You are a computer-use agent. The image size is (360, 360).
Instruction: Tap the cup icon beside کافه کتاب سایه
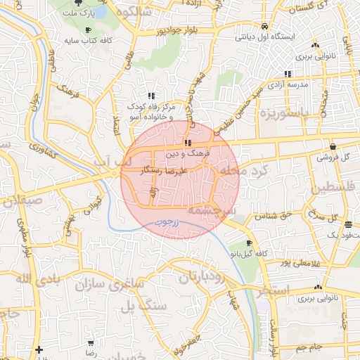tap(87, 30)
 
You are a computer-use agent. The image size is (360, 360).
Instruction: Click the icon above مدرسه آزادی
tap(288, 74)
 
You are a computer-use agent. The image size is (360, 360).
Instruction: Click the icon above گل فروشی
tap(332, 146)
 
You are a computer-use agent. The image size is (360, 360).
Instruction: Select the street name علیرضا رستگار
tap(167, 171)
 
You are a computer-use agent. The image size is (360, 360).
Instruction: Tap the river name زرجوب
tap(167, 223)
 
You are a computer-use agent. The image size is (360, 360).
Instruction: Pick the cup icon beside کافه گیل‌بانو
tap(249, 243)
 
